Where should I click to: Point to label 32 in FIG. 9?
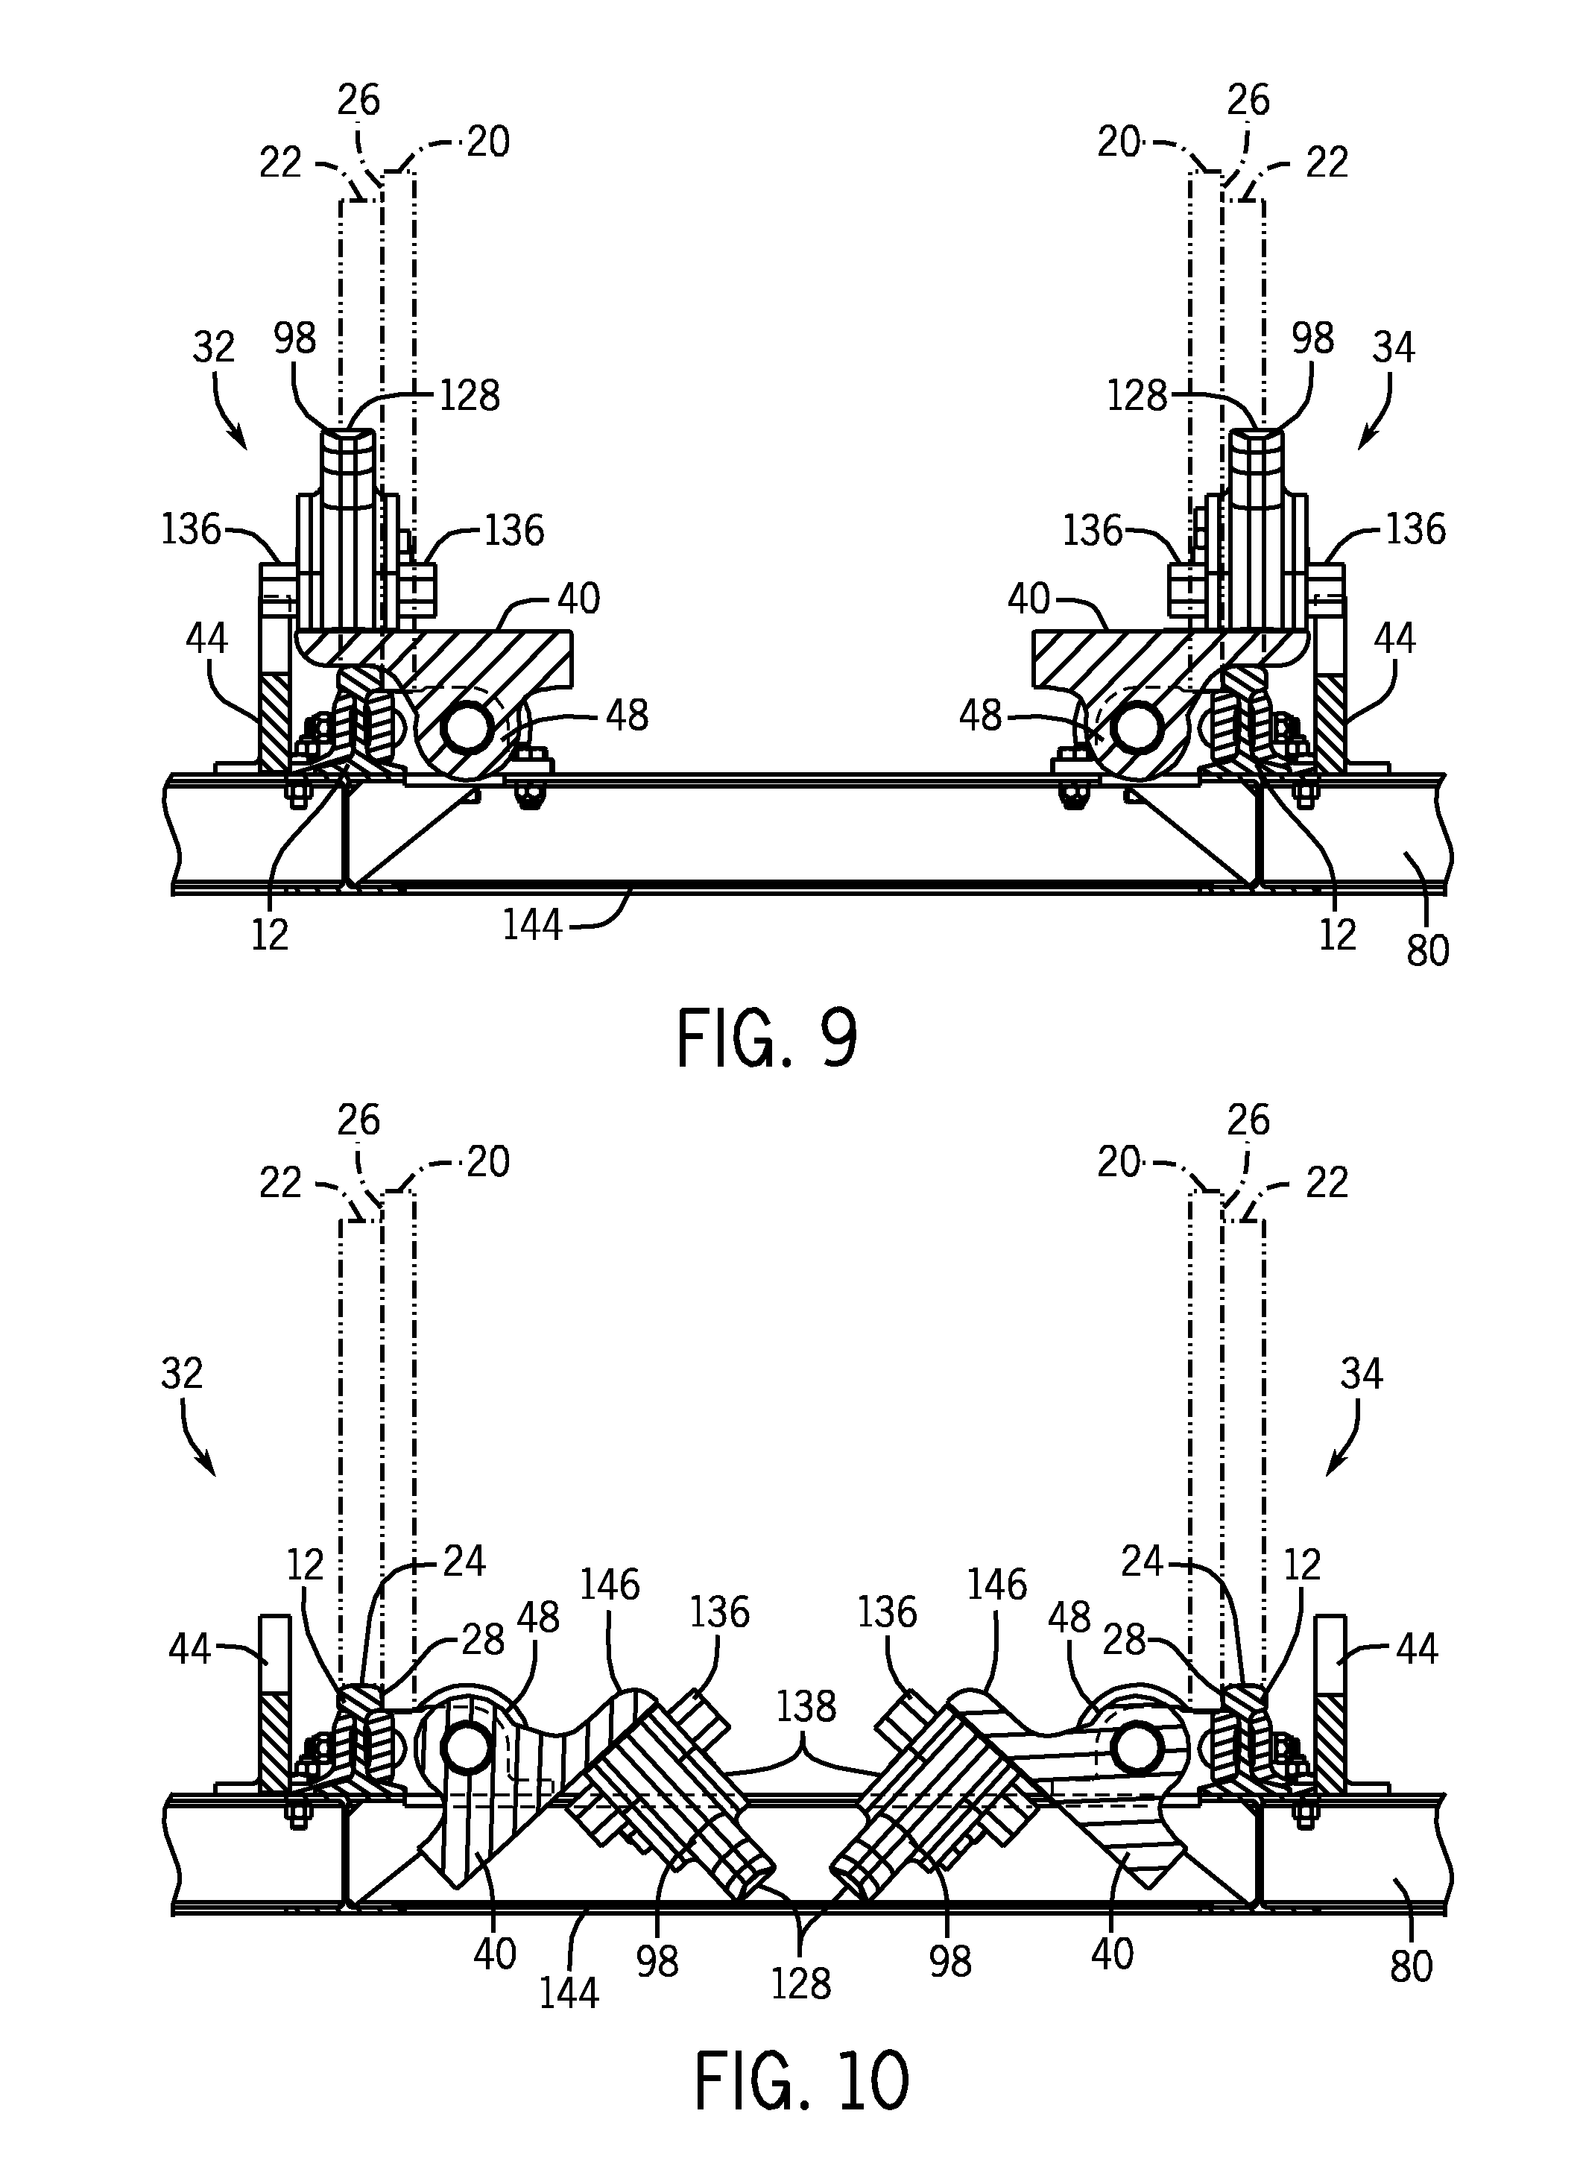[213, 346]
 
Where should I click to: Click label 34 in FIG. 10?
[1361, 1374]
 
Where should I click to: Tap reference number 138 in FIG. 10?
[806, 1707]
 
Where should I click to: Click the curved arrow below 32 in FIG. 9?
[229, 411]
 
